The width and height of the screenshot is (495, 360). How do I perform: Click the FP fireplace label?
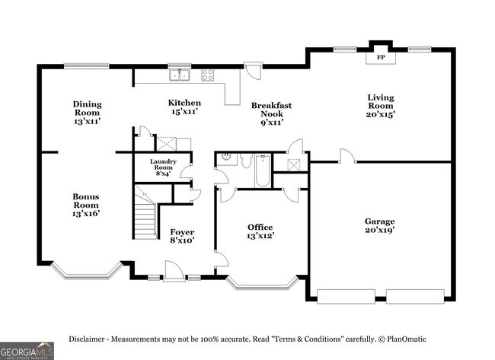tap(381, 58)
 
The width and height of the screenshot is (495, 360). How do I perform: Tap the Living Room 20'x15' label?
tap(381, 106)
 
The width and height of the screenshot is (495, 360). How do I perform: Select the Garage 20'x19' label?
tap(380, 225)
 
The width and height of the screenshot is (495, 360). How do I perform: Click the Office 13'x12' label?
tap(260, 231)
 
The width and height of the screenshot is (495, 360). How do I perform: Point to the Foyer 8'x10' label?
tap(182, 236)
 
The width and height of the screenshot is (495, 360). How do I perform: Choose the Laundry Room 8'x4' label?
tap(163, 167)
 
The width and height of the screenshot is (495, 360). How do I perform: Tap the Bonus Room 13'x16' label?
tap(86, 205)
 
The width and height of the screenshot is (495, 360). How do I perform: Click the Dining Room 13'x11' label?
tap(87, 113)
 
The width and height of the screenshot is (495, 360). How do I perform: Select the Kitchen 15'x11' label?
tap(184, 107)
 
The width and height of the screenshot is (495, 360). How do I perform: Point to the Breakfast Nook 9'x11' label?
tap(272, 114)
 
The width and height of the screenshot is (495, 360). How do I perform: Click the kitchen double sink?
tap(179, 75)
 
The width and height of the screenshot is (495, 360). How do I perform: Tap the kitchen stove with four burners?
tap(208, 75)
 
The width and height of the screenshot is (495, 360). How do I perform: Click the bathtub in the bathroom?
tap(262, 170)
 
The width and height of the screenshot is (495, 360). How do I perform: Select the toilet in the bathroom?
tap(245, 161)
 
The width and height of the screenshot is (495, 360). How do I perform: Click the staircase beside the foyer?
tap(145, 212)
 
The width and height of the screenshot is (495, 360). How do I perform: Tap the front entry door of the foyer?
tap(174, 271)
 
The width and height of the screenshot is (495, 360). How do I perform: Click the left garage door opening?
tap(346, 297)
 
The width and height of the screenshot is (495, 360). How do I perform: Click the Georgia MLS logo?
tap(27, 351)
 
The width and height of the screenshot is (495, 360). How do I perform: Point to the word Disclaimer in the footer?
tap(87, 339)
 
